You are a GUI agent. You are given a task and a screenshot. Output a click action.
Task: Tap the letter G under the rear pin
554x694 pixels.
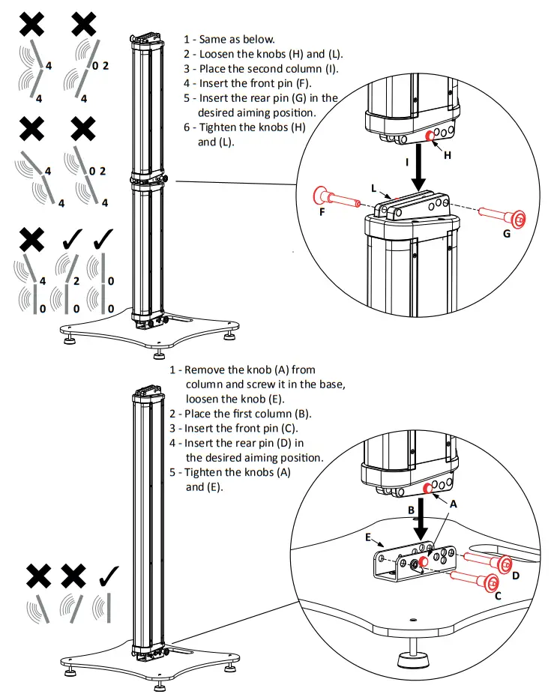click(507, 235)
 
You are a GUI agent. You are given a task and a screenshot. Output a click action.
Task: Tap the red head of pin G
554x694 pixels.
click(516, 218)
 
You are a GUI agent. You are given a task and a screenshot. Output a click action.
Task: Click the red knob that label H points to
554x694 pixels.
click(432, 136)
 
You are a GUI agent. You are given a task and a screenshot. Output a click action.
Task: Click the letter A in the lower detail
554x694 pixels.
click(452, 504)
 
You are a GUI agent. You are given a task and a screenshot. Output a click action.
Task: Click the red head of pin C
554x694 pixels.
click(491, 582)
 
